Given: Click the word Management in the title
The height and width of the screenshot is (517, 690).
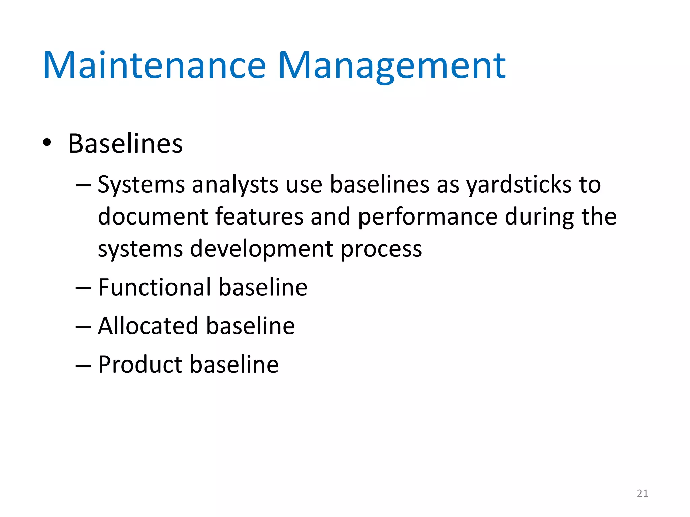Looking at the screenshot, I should (391, 66).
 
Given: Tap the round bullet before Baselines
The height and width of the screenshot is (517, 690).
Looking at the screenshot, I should (47, 143).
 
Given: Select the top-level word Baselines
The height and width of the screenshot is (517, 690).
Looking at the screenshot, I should (125, 144).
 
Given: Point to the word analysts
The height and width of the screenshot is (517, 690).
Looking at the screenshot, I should (235, 185).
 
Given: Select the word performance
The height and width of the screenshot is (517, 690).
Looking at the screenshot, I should (428, 217).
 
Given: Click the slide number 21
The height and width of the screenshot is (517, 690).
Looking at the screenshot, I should (642, 493).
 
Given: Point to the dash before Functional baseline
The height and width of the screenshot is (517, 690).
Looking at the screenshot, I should (83, 288).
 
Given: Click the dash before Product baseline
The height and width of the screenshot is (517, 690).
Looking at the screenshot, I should (83, 366).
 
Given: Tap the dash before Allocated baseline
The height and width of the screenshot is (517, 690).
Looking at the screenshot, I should (83, 327).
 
